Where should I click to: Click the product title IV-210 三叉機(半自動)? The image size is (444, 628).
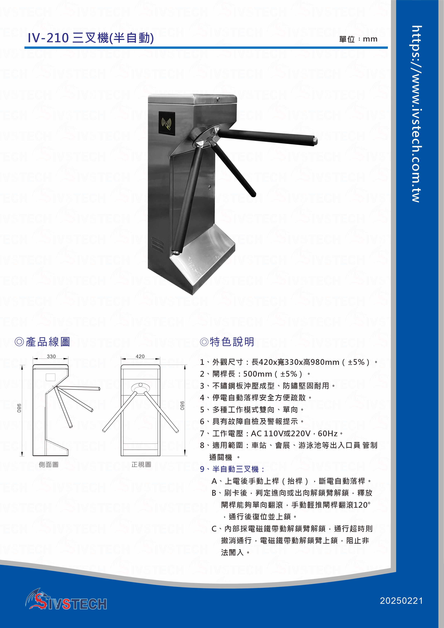click(x=91, y=38)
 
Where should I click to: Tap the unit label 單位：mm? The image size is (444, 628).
click(x=358, y=39)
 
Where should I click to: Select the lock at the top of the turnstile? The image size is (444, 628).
click(x=218, y=98)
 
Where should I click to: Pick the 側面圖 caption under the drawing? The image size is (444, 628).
click(x=49, y=464)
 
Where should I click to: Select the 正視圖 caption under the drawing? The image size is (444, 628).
click(x=141, y=464)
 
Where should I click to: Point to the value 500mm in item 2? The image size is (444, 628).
click(x=258, y=374)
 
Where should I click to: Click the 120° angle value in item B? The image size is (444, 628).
click(x=362, y=505)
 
